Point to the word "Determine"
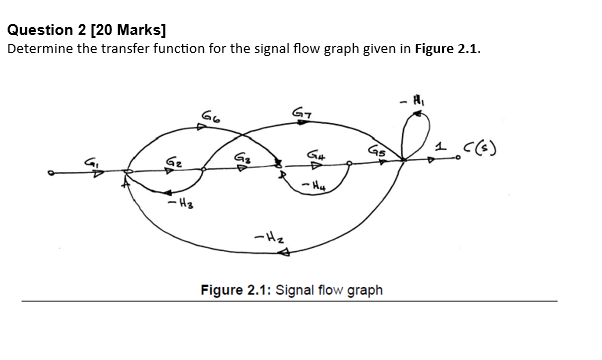pos(40,48)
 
